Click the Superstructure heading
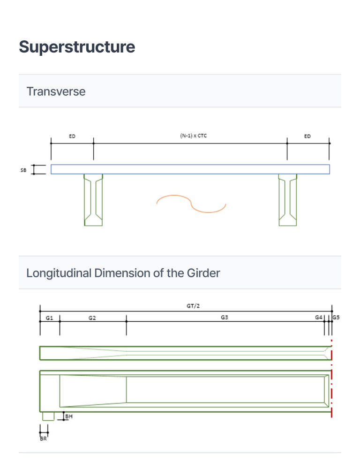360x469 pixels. [77, 47]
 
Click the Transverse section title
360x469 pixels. [56, 91]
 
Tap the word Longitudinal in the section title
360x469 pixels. [59, 273]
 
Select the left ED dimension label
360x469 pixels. [72, 136]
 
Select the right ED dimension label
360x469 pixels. [307, 136]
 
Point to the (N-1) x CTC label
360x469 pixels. [194, 136]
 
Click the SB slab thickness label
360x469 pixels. [23, 170]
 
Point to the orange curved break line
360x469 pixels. [191, 203]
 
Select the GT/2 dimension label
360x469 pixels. [193, 306]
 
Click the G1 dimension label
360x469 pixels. [49, 318]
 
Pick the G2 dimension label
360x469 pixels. [92, 318]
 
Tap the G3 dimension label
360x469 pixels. [225, 318]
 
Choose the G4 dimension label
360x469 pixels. [319, 318]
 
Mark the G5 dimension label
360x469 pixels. [336, 318]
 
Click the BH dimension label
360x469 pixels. [69, 416]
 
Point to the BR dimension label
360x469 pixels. [43, 439]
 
